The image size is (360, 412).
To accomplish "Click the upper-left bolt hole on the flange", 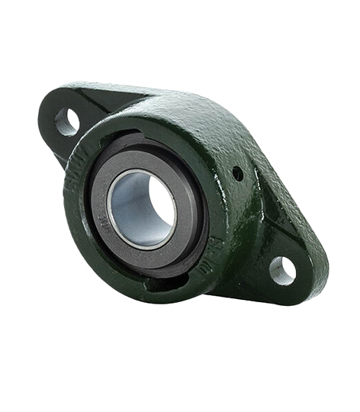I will pyautogui.click(x=67, y=121).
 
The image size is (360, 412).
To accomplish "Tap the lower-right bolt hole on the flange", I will pyautogui.click(x=282, y=269).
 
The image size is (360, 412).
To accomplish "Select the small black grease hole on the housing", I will pyautogui.click(x=237, y=174).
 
